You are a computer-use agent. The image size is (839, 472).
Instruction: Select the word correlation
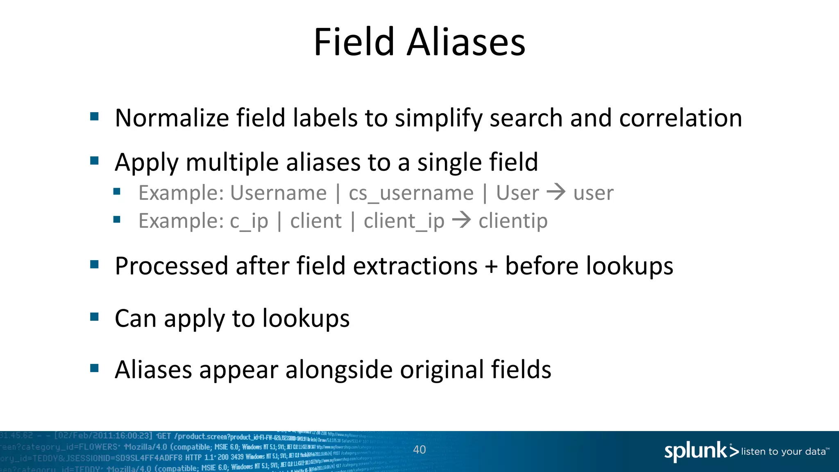[680, 118]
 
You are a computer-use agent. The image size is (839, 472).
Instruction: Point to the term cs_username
[411, 193]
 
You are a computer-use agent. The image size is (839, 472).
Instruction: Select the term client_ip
[404, 221]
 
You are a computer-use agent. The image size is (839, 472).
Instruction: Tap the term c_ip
[249, 221]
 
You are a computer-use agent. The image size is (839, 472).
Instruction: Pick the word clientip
[513, 221]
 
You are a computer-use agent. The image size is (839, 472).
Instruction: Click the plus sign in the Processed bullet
[491, 266]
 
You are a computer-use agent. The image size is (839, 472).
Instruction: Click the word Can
[136, 318]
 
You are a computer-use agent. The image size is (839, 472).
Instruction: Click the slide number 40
[419, 449]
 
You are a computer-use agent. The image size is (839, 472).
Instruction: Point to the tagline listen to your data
[783, 452]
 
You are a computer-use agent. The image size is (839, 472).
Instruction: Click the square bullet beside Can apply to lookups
[95, 317]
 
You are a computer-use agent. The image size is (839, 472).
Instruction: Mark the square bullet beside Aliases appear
[95, 368]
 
